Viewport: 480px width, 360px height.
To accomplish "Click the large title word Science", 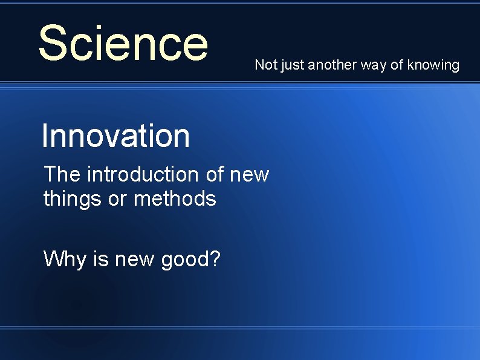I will [123, 43].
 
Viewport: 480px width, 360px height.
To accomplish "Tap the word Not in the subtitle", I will [265, 65].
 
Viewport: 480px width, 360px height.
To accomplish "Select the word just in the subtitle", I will [292, 65].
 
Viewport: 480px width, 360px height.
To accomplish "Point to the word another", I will [332, 65].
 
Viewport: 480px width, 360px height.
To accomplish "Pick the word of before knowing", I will [397, 65].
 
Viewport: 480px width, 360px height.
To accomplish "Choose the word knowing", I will [433, 65].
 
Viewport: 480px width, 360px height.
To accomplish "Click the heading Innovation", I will [115, 136].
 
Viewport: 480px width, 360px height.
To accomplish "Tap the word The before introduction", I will [62, 174].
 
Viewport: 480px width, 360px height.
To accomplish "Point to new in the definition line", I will [250, 175].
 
